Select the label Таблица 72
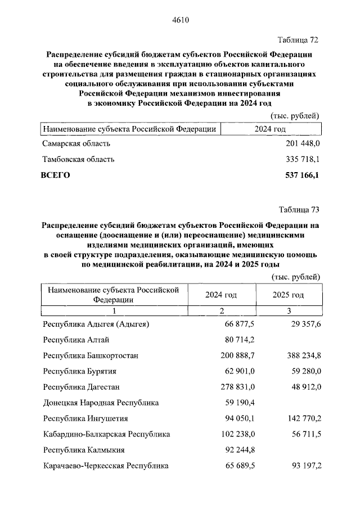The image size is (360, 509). click(x=299, y=40)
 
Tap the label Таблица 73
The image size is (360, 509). click(x=299, y=210)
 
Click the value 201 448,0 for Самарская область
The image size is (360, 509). click(x=299, y=145)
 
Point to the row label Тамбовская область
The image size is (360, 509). click(x=79, y=159)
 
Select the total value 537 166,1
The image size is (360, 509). click(x=299, y=175)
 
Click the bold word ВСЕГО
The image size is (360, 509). click(x=56, y=175)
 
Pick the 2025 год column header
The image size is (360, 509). click(x=288, y=295)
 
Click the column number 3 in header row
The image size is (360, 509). click(x=289, y=310)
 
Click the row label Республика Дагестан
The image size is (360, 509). click(x=81, y=387)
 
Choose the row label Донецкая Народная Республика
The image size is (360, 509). click(x=101, y=403)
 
